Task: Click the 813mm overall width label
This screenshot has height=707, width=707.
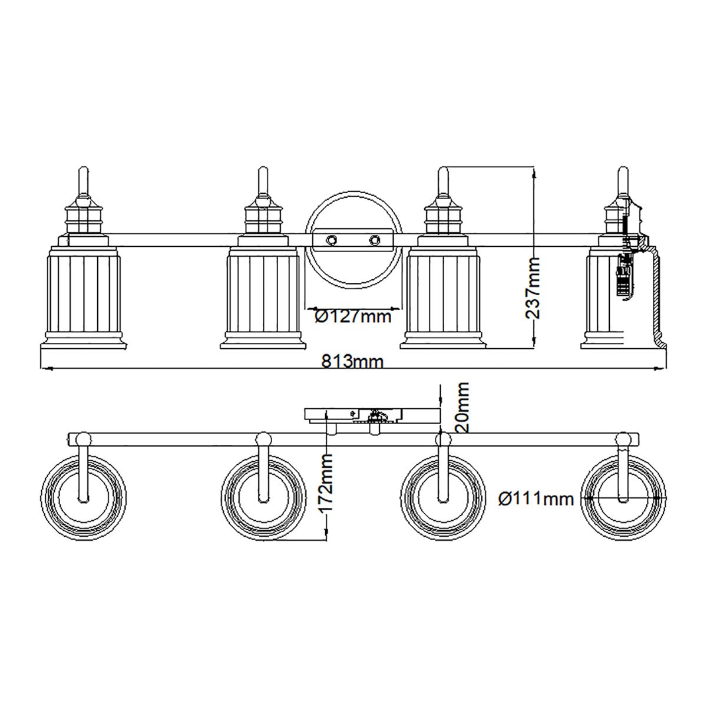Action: (x=352, y=361)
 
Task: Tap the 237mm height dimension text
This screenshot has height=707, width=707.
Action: (x=532, y=287)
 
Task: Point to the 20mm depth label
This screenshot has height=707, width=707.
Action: (x=462, y=407)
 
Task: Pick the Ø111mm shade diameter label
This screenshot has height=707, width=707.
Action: (x=535, y=499)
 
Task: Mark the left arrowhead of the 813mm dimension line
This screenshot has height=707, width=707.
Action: (x=42, y=369)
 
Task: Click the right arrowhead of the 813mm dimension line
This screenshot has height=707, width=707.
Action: (x=663, y=369)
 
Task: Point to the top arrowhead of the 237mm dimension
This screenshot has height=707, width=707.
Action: (x=534, y=171)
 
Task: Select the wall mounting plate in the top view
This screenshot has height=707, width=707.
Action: (x=371, y=415)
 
